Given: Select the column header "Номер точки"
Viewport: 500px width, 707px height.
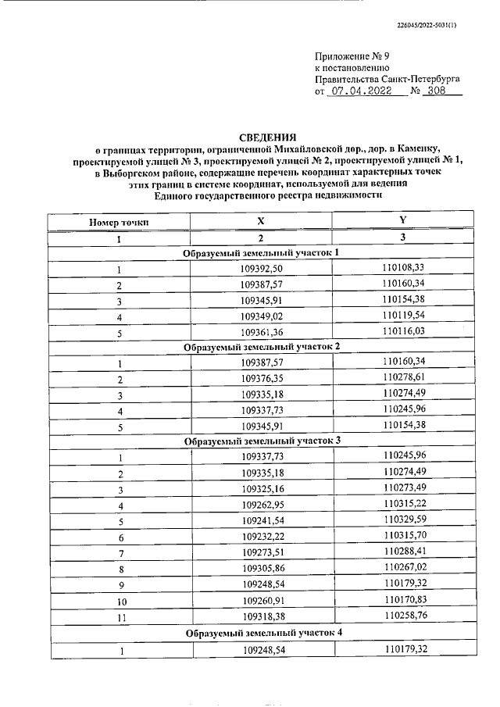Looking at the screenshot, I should click(x=120, y=222).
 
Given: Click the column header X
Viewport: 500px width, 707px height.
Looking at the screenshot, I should click(x=261, y=222).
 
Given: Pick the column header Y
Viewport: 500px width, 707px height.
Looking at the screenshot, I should click(x=402, y=221).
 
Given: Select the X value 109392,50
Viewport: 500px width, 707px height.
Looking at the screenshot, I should click(x=261, y=270).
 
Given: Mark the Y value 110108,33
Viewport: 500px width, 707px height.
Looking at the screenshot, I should click(x=403, y=268).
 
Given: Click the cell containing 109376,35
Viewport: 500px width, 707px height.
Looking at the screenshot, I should click(x=261, y=379).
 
